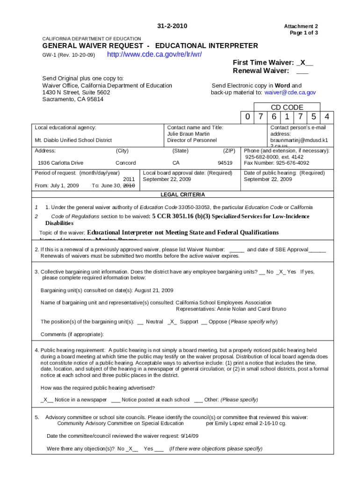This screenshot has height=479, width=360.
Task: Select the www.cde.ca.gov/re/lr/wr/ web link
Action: (x=154, y=55)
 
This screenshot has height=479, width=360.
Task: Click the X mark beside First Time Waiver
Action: (x=303, y=63)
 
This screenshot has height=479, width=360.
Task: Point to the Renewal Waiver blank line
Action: (x=302, y=71)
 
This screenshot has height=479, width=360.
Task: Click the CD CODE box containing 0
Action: (x=247, y=116)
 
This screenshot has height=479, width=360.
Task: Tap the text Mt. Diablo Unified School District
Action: (x=73, y=140)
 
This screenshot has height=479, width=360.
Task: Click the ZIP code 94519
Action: (x=225, y=163)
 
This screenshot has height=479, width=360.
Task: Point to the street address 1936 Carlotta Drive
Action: (x=60, y=163)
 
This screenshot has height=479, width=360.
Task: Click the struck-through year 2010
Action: (x=129, y=186)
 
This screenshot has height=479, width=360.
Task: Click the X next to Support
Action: (x=172, y=322)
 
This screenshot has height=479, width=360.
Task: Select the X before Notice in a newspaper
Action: (x=46, y=399)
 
